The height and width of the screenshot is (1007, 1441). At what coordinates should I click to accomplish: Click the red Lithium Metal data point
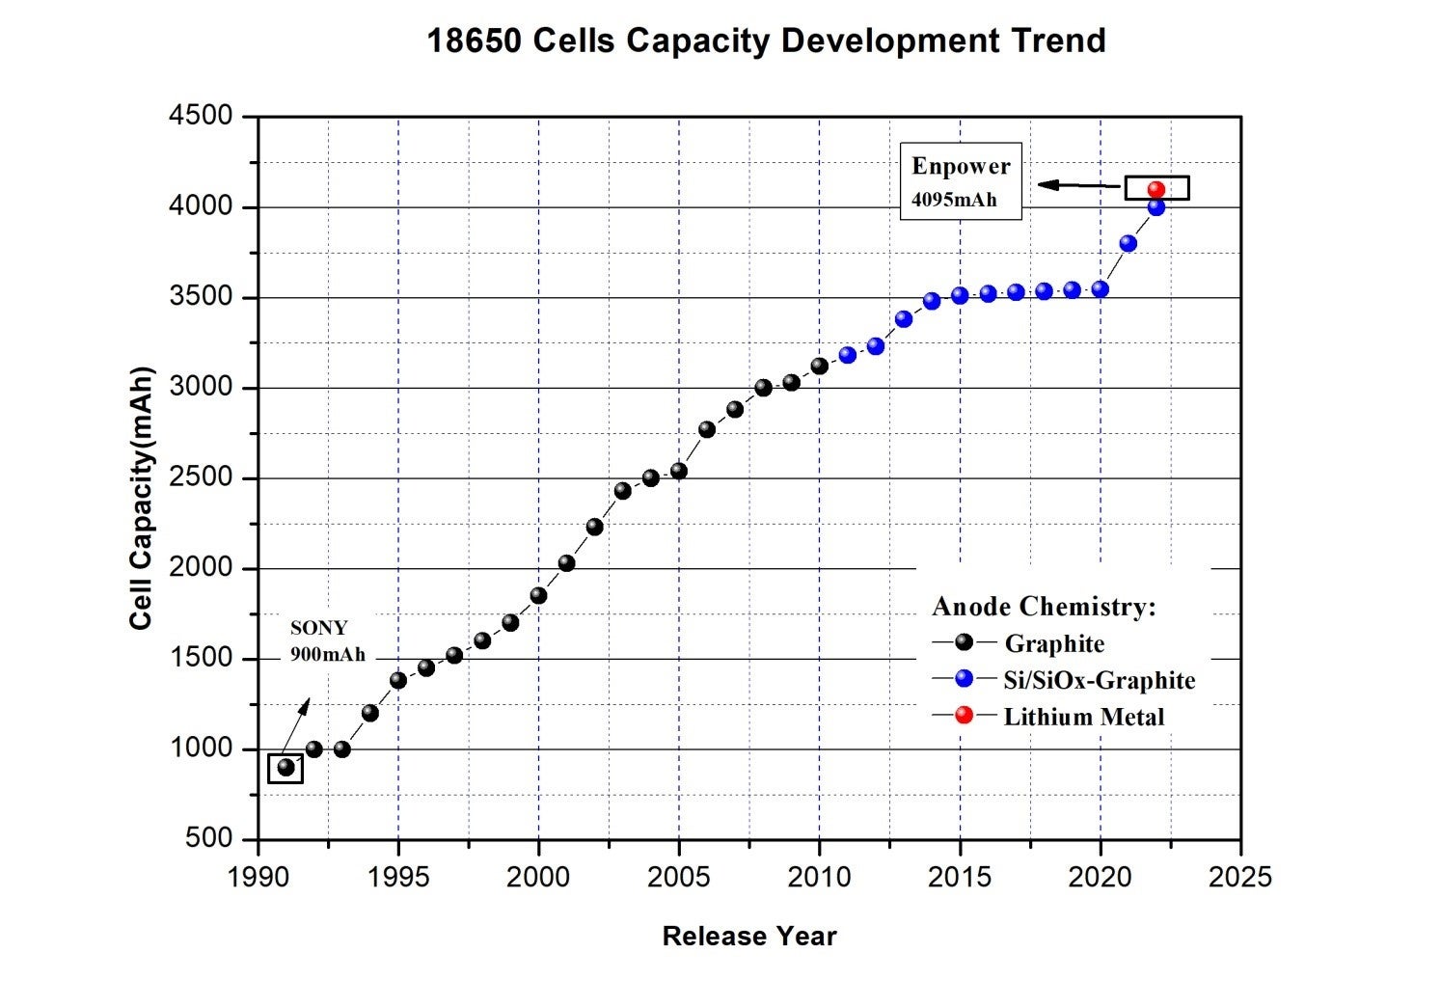[x=1156, y=189]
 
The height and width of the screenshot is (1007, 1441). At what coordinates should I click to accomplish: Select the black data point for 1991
[x=285, y=768]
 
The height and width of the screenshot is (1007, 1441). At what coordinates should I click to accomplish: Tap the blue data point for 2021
[x=1128, y=243]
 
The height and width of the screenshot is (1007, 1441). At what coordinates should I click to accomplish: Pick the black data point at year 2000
[x=538, y=595]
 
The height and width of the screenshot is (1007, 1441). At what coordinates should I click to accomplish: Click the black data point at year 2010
[x=820, y=366]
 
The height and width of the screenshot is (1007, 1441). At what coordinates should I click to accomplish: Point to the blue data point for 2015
[x=960, y=295]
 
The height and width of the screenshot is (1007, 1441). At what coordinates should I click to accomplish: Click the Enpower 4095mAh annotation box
[x=961, y=181]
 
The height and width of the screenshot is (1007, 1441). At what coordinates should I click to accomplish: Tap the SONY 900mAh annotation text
[x=327, y=640]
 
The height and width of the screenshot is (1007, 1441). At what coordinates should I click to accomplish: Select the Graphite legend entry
[x=1054, y=643]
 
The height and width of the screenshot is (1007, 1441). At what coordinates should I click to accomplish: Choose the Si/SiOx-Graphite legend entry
[x=1099, y=680]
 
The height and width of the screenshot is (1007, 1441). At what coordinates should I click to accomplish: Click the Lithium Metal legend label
[x=1083, y=717]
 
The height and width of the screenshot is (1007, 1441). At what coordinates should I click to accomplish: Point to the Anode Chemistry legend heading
[x=1044, y=607]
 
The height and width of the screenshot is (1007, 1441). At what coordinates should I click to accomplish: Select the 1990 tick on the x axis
[x=258, y=877]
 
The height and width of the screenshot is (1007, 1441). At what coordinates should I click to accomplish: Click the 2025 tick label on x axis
[x=1240, y=877]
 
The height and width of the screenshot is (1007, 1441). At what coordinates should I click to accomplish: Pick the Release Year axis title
[x=749, y=936]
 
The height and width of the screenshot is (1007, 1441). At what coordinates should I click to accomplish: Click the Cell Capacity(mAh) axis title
[x=142, y=498]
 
